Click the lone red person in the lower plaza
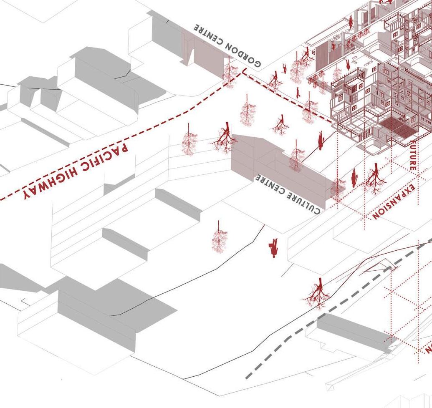click(274, 248)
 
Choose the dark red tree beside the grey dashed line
click(318, 294)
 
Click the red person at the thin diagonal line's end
click(321, 141)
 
